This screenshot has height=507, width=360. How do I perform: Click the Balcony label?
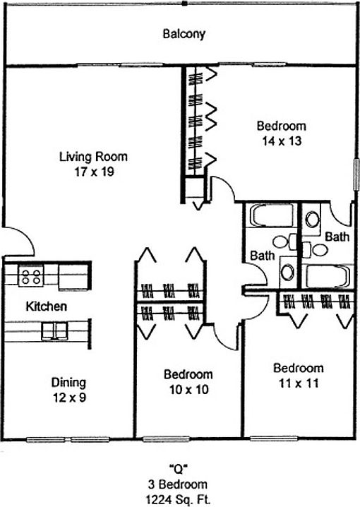(x=184, y=34)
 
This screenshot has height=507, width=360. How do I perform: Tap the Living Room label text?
(x=93, y=157)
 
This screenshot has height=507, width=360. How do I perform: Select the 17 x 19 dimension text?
(x=95, y=172)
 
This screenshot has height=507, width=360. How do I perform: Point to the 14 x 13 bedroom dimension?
(x=282, y=141)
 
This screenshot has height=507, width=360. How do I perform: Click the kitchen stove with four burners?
(x=31, y=275)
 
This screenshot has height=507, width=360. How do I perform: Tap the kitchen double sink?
(x=54, y=331)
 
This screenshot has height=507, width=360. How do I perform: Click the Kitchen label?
(x=46, y=306)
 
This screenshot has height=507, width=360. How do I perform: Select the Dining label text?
(x=69, y=383)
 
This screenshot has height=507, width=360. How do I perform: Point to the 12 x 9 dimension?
(x=69, y=398)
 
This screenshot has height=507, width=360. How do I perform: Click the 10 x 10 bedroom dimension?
(x=189, y=390)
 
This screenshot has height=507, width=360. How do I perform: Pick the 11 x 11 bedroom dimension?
(x=299, y=383)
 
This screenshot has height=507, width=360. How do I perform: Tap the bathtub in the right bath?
(x=328, y=276)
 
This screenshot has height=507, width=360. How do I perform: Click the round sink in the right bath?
(x=312, y=219)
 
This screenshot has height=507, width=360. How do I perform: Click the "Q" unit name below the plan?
(x=179, y=468)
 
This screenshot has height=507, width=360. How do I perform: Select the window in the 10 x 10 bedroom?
(x=166, y=439)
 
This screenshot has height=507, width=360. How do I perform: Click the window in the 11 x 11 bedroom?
(x=274, y=439)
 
